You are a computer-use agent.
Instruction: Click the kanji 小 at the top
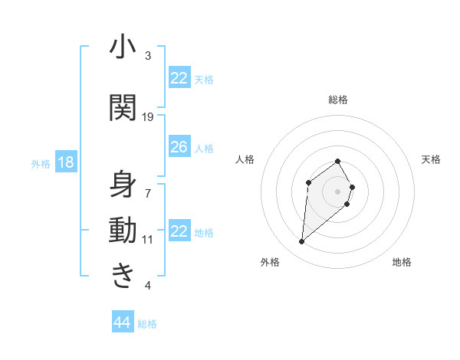click(x=123, y=47)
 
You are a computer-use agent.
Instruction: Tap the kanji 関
click(x=123, y=107)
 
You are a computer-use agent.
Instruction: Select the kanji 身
click(x=123, y=185)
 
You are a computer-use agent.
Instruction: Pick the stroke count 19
click(x=148, y=117)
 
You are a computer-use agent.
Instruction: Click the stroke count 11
click(x=148, y=239)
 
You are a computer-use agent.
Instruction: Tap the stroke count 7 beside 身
click(x=148, y=186)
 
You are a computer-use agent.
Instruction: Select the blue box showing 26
click(x=179, y=147)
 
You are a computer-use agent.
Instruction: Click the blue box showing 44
click(x=122, y=322)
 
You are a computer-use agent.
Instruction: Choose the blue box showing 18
click(x=65, y=162)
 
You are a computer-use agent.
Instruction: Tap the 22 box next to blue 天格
click(x=179, y=78)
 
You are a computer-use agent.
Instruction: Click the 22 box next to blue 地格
click(x=179, y=231)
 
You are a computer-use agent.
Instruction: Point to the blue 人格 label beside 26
click(x=204, y=148)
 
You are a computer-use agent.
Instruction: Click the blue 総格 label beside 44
click(x=147, y=324)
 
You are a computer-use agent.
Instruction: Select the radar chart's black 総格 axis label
click(x=338, y=100)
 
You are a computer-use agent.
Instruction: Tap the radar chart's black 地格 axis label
click(x=402, y=263)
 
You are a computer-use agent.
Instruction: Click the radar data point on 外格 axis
click(x=301, y=242)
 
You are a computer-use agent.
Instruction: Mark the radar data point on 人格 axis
click(x=308, y=182)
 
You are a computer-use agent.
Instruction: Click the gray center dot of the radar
click(x=338, y=191)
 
